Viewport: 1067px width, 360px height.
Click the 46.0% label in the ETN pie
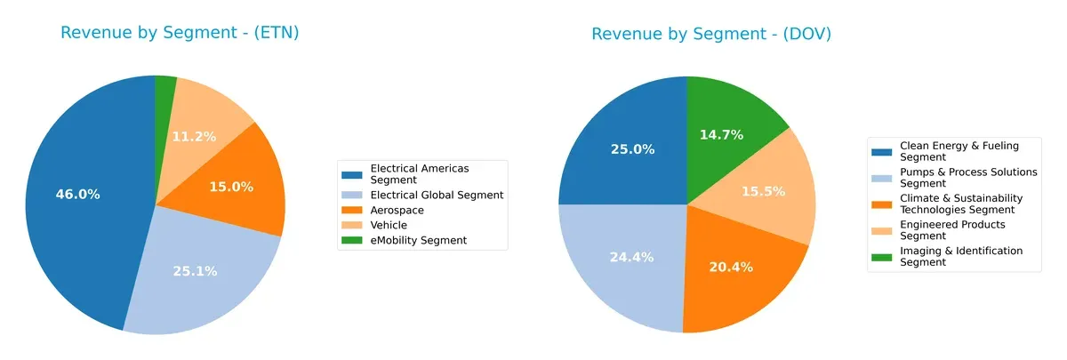(78, 194)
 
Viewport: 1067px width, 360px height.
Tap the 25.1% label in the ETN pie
(195, 271)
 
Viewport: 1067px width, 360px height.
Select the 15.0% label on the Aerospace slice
(231, 187)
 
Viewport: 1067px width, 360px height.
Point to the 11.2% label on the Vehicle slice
(193, 136)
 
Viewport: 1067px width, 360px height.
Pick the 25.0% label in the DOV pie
(632, 149)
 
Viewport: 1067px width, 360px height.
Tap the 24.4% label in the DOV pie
(632, 257)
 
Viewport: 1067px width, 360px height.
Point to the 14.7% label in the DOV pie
(721, 134)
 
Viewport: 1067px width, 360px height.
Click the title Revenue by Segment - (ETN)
(180, 34)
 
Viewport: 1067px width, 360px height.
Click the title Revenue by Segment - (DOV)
(711, 34)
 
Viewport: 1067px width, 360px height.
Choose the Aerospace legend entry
(397, 210)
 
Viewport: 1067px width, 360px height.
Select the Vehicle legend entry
(388, 225)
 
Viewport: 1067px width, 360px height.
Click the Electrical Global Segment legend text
(437, 195)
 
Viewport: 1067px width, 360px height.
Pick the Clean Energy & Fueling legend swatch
(884, 150)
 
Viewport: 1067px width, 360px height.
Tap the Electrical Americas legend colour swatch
(354, 172)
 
